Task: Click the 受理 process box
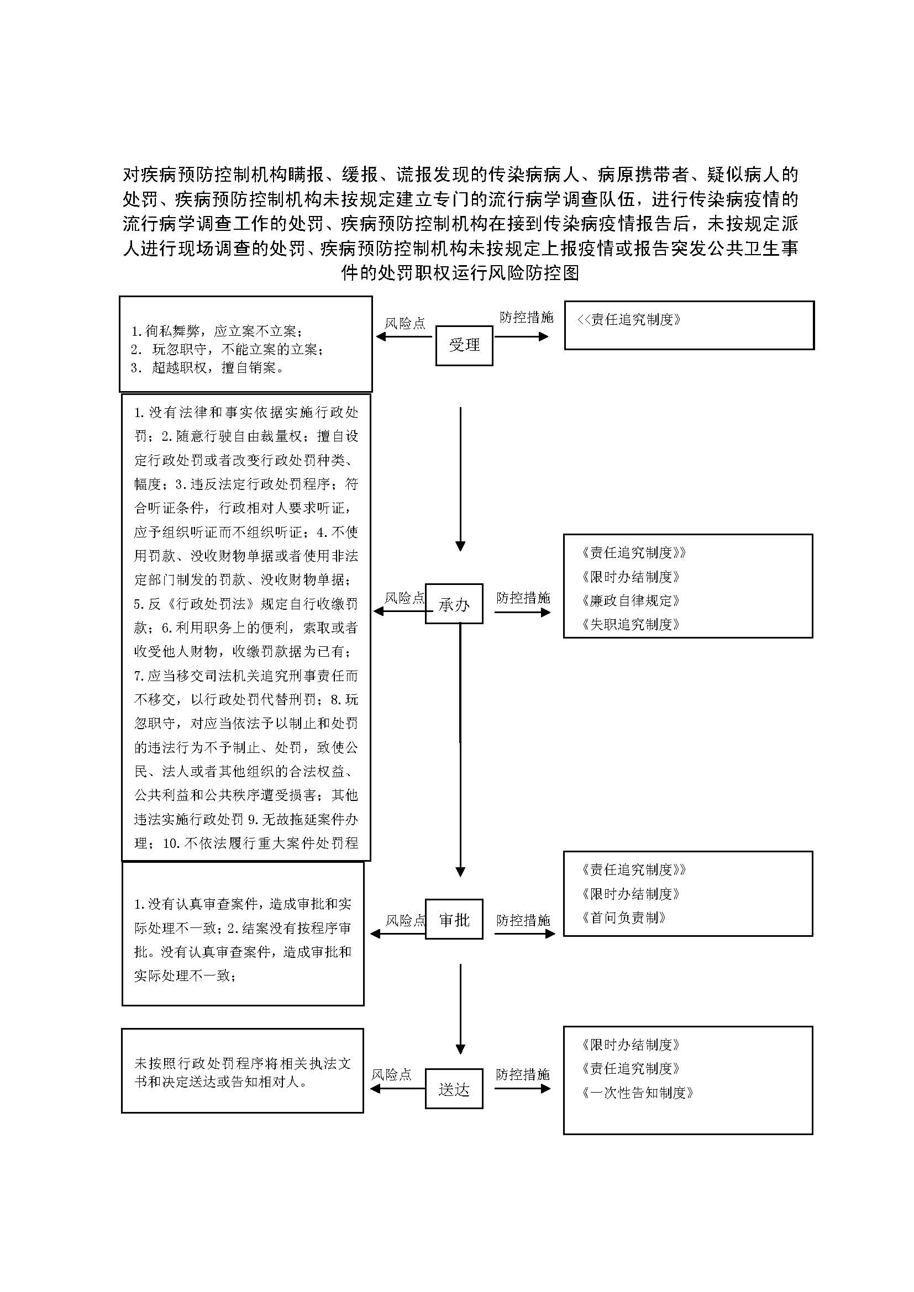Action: (464, 345)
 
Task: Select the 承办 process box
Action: (454, 604)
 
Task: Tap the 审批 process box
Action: (454, 920)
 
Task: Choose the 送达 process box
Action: (454, 1089)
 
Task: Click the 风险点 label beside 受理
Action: (405, 324)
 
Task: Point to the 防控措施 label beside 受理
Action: (526, 318)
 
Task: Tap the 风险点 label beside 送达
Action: (391, 1074)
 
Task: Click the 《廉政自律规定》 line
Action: (631, 600)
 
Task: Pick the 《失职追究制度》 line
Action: (631, 624)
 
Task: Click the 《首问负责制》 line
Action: (623, 918)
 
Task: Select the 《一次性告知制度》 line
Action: (638, 1092)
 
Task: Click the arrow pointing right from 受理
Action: (521, 337)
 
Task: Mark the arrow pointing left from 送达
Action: (397, 1088)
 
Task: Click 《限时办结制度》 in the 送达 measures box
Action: (631, 1045)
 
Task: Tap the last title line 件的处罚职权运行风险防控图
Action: (460, 273)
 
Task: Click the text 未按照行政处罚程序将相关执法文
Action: (243, 1063)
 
